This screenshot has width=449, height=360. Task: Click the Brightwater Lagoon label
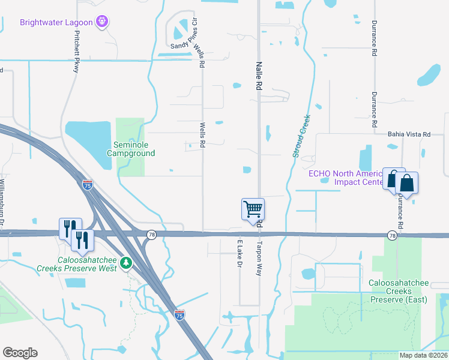pos(56,23)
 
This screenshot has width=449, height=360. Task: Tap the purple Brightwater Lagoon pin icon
pos(103,23)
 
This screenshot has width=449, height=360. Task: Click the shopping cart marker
pos(253,209)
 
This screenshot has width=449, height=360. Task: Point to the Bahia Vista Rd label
pos(409,134)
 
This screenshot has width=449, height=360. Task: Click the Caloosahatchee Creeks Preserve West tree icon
pos(125,262)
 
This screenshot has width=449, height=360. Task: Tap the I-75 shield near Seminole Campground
pos(88,185)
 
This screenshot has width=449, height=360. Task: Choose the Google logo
pos(20,353)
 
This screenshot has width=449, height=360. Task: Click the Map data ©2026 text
pos(423,355)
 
